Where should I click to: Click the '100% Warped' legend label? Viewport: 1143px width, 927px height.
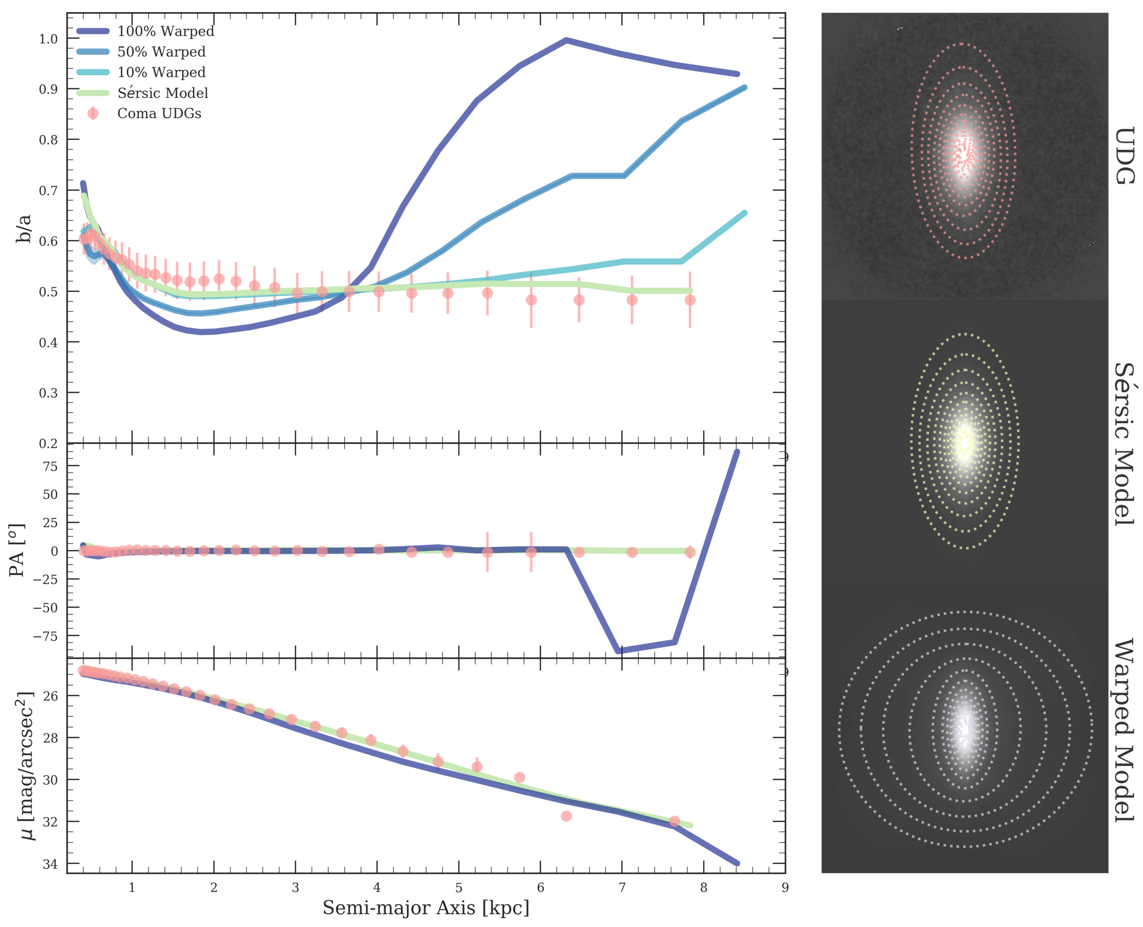tap(166, 31)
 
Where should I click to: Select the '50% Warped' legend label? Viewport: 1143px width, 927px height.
tap(161, 52)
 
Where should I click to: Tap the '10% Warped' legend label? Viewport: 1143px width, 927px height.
tap(161, 72)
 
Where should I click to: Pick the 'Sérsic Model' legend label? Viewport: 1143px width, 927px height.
tap(163, 93)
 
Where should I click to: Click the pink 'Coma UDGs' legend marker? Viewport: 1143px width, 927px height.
tap(93, 113)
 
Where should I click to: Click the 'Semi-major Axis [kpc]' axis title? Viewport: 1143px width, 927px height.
tap(426, 907)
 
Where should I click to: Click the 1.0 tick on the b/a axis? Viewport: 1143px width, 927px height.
tap(48, 38)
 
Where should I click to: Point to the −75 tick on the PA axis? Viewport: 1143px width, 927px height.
tap(45, 636)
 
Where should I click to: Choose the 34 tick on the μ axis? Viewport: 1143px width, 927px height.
tap(50, 864)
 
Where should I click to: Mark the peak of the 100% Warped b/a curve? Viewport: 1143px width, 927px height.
tap(566, 40)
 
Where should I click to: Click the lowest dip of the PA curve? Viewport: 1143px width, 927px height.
tap(619, 651)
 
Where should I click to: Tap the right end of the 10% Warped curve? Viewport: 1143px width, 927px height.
tap(745, 213)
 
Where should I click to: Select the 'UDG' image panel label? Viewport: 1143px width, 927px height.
tap(1124, 155)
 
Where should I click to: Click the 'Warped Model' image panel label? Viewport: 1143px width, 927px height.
tap(1124, 730)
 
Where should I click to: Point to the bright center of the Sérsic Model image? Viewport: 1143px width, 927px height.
tap(965, 441)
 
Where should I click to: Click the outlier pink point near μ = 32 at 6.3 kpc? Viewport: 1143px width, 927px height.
tap(566, 816)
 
